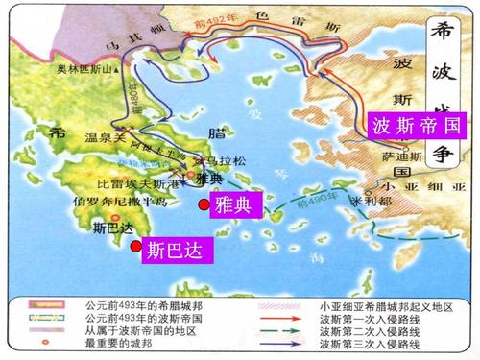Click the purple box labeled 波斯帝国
416,125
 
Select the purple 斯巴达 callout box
177,252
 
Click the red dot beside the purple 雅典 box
204,205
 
